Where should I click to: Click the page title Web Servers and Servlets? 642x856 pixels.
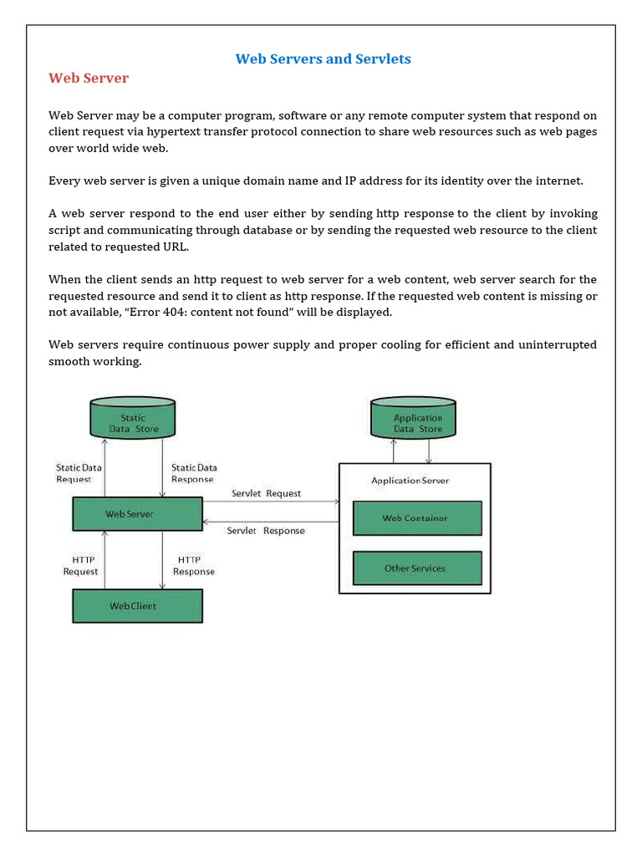323,59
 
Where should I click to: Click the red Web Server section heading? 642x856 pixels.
89,79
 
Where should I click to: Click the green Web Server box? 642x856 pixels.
137,514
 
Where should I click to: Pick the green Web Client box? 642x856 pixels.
137,606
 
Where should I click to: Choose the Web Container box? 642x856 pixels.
416,518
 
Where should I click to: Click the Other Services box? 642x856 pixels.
416,568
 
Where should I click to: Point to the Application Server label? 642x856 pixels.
410,481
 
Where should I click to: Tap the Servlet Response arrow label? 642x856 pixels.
266,531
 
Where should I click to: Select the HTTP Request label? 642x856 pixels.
80,566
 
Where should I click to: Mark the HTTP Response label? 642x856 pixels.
194,566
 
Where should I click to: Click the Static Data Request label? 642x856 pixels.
78,474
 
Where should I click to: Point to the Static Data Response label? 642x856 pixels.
194,474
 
